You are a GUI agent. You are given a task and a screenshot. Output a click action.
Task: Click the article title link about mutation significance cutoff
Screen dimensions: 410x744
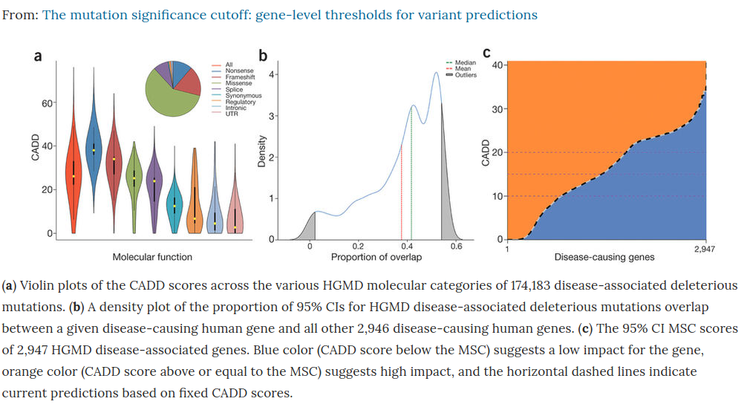(290, 15)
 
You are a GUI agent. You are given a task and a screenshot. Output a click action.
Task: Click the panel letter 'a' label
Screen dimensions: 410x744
(38, 55)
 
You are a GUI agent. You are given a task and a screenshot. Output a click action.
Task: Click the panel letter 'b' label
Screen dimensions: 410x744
(262, 55)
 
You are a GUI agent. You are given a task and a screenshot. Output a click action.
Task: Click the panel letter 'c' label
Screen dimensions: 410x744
(487, 53)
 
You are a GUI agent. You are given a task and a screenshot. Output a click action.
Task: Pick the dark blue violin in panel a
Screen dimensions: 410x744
(94, 149)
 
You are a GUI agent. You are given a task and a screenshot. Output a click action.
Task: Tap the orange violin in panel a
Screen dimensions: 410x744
(195, 201)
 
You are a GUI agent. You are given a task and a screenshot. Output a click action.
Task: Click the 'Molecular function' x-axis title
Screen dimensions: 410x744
(152, 257)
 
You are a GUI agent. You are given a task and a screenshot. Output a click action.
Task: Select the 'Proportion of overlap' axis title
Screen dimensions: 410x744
(376, 257)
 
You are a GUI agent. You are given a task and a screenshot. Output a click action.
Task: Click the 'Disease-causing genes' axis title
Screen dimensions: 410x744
(604, 257)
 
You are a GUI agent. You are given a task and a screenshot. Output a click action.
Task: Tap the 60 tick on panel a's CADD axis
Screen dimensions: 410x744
(46, 102)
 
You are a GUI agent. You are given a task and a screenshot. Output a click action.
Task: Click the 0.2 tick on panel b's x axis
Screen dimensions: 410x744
(358, 247)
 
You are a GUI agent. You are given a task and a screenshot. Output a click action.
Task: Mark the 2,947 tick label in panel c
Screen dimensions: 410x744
(704, 249)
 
